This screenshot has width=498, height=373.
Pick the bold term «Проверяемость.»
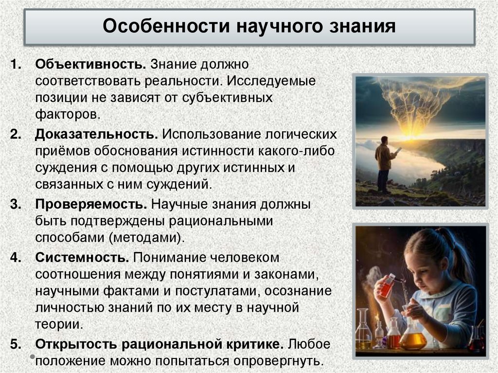(90, 204)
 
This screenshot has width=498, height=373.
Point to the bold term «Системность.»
(82, 256)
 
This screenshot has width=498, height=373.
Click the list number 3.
(16, 204)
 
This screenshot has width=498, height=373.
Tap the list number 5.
(16, 344)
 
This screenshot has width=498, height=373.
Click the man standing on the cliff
(385, 163)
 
